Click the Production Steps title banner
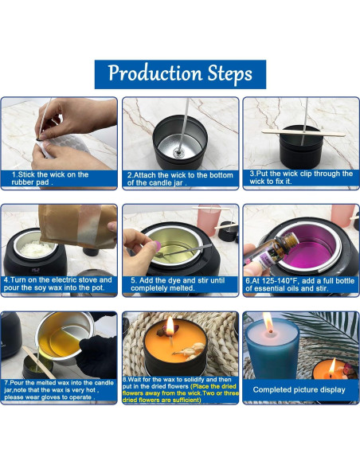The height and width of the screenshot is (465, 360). pos(180,75)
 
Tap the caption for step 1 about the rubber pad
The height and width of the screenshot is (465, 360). pos(59,178)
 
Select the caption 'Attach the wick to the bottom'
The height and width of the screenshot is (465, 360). pos(180,178)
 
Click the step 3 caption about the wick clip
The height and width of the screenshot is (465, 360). pos(300,178)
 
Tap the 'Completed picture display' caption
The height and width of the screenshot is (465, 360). pos(299,390)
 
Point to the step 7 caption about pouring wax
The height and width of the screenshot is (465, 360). pos(59,392)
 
